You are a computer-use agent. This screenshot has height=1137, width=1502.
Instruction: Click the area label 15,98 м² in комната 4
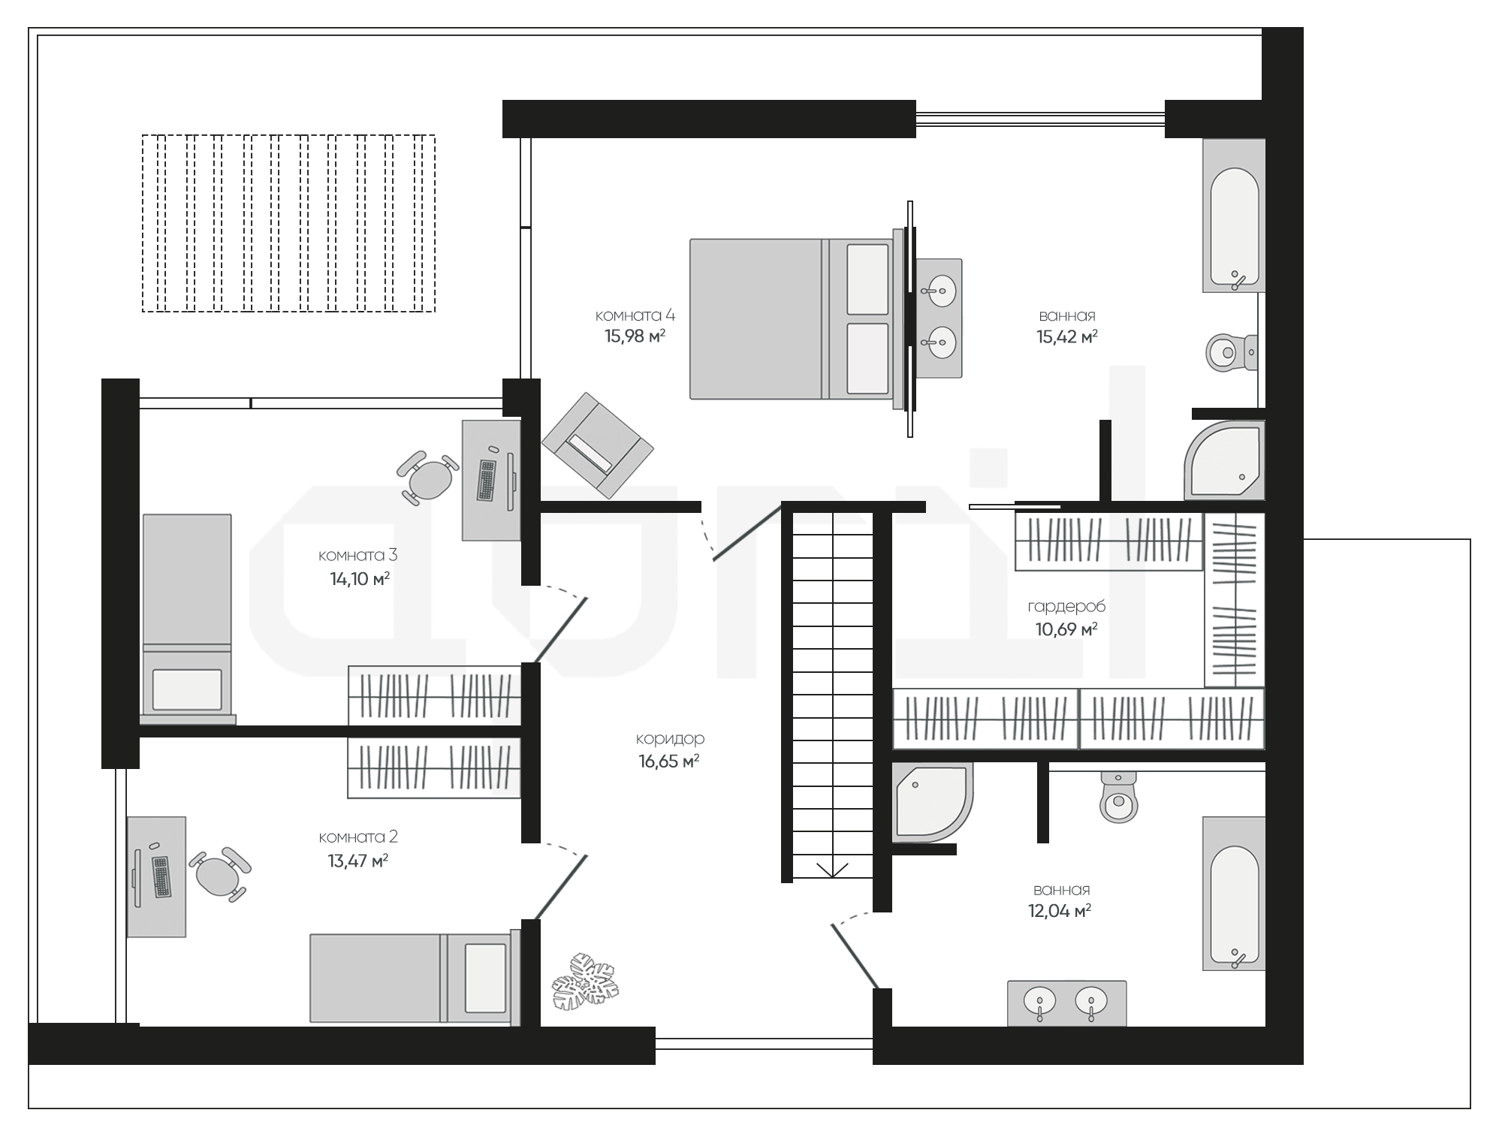(x=635, y=336)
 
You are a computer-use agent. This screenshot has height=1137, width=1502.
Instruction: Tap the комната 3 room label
(x=357, y=556)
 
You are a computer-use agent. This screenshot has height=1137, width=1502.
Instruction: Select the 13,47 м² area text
(x=357, y=861)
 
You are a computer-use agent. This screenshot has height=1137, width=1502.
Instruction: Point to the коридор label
(x=670, y=739)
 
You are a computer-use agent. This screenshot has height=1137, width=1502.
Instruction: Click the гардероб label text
(x=1066, y=607)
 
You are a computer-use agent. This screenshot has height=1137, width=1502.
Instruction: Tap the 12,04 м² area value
(x=1060, y=912)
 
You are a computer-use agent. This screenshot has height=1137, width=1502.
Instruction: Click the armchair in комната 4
(x=598, y=445)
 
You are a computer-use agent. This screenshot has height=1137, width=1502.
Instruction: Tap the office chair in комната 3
(x=428, y=478)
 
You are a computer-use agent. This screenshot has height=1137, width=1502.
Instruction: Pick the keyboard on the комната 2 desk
(x=161, y=876)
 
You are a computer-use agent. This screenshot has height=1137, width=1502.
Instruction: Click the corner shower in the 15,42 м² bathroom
(x=1225, y=460)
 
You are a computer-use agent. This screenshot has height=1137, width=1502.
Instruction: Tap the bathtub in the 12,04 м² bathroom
(x=1234, y=894)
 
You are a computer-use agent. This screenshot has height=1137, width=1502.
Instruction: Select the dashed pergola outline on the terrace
(x=288, y=223)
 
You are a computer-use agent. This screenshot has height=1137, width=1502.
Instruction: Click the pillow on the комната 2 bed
(x=485, y=979)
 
